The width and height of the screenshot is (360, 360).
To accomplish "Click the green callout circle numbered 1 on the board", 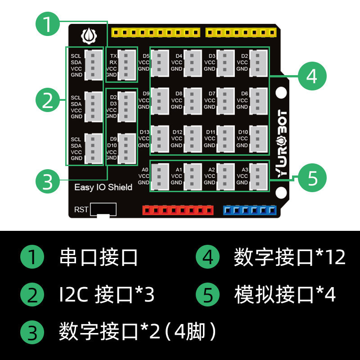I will [x=48, y=24].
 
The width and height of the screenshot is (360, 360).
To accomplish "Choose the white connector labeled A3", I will [x=258, y=176].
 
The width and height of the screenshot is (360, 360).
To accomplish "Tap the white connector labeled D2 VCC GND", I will [x=258, y=62].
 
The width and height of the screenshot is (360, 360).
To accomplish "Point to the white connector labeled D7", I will [x=225, y=100].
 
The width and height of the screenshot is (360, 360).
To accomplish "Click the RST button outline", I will [x=103, y=210].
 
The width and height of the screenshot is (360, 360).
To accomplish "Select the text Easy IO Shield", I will [x=103, y=187].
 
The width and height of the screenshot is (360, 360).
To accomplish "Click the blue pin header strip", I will [x=249, y=210].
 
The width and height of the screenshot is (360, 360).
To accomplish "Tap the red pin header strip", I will [x=178, y=210].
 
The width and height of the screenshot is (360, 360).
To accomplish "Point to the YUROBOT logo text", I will [x=282, y=144].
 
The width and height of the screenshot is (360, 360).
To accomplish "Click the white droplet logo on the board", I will [x=88, y=35].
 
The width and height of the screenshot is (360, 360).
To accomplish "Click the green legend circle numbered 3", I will [x=32, y=333].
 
